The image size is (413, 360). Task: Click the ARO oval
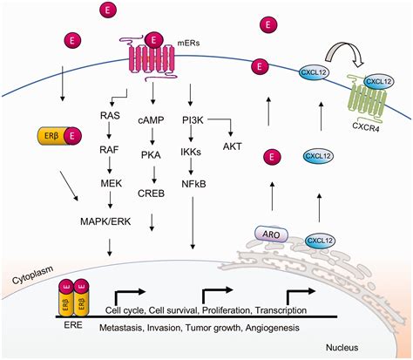[x=269, y=233]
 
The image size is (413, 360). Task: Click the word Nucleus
[x=364, y=345]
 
